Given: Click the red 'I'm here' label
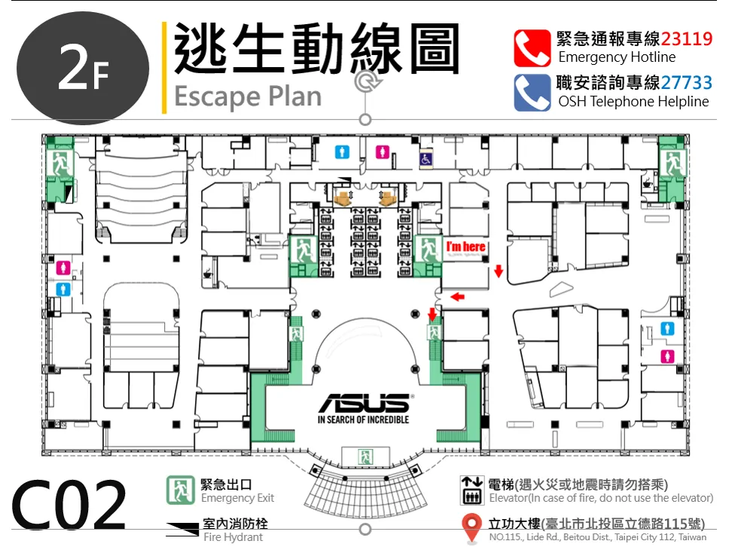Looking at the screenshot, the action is pos(465,247).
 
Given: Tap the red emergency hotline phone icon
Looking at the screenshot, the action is pos(532,48).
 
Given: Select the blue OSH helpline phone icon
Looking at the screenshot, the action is pos(532,93).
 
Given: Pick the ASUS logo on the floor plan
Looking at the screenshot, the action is pos(364,402).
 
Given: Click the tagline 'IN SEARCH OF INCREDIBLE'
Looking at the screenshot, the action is pos(363,420).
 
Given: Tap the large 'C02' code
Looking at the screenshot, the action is pos(69,505).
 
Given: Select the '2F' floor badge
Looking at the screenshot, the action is pos(83,69).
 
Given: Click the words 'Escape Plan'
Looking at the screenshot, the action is pos(248,97).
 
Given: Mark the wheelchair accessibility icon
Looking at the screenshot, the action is pos(425,160).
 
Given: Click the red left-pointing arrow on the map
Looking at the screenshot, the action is pos(458,297).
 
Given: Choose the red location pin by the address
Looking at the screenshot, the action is pos(471,527).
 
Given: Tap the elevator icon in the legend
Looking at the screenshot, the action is pos(471,490).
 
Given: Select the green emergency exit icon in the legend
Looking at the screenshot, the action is pos(181,490).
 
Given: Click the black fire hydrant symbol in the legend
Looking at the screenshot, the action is pos(182,529).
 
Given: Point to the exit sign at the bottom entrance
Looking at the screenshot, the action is pos(365,456).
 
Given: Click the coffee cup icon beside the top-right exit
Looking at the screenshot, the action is pos(648,182).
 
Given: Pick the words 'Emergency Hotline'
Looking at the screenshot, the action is pos(617,57).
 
